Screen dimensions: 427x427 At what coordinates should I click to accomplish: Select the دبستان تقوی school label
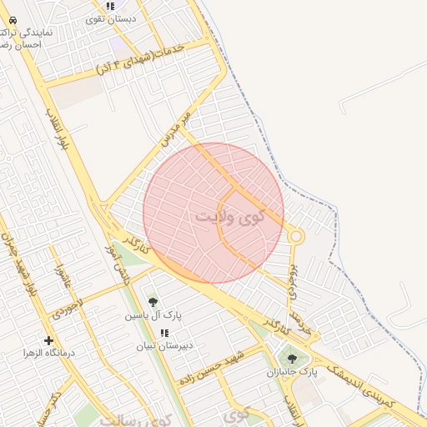click(111, 18)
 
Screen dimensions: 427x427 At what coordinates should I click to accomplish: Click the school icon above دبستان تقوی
click(110, 6)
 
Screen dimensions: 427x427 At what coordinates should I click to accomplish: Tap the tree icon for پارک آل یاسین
click(153, 302)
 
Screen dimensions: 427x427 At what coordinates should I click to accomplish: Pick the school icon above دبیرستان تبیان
click(164, 332)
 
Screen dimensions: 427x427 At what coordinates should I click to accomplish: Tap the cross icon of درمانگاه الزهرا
click(48, 340)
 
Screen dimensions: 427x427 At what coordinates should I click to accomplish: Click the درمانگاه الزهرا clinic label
click(49, 354)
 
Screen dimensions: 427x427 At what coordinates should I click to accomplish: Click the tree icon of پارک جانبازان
click(292, 359)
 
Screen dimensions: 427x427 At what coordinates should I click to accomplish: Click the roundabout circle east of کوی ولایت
click(295, 237)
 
